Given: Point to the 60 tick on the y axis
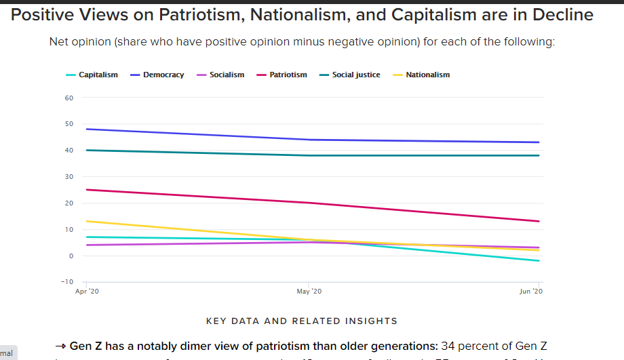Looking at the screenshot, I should [69, 98].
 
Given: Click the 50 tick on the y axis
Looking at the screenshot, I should [69, 124].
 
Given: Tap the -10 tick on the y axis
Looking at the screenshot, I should [67, 281].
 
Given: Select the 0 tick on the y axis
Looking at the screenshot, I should [71, 256].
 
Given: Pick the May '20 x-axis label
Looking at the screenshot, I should [309, 291].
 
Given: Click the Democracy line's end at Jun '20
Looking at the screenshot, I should [539, 142].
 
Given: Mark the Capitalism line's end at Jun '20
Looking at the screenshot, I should [539, 260].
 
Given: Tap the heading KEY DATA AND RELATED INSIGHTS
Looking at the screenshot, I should [301, 321].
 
